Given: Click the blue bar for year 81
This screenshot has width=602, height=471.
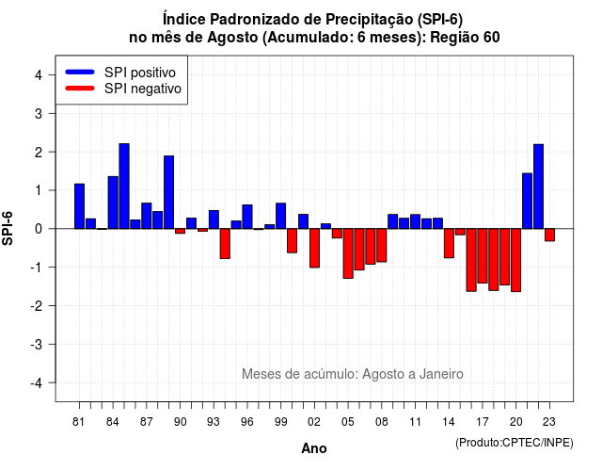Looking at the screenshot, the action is tap(79, 206).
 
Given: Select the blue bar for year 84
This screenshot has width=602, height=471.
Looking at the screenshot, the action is tap(113, 203).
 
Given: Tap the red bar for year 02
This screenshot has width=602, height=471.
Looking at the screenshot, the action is tap(314, 248).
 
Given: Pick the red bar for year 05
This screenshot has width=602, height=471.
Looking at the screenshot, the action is tap(348, 253).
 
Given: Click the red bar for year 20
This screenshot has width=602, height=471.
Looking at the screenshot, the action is tap(516, 260).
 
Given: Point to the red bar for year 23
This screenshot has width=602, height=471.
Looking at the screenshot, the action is tap(549, 235).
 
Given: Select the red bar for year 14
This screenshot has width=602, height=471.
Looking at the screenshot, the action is tap(449, 243).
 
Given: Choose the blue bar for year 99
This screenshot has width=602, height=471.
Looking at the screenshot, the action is tap(281, 216).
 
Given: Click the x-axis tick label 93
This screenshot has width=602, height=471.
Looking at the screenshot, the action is tap(214, 422).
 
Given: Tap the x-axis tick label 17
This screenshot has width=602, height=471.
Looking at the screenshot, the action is tap(483, 422).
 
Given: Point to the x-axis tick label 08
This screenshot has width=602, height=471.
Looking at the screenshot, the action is tap(382, 422).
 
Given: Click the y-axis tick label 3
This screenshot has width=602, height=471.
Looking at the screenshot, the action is tap(39, 113).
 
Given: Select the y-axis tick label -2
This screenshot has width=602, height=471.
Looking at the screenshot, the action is tap(37, 305).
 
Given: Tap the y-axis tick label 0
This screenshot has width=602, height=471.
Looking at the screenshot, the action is tap(39, 229).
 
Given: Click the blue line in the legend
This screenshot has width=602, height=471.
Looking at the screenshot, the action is tap(80, 72).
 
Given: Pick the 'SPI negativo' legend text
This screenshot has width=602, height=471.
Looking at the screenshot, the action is tap(143, 89).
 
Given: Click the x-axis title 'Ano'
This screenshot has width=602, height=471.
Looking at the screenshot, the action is tap(314, 448).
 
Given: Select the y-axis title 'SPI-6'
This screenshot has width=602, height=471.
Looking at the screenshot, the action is tap(8, 228).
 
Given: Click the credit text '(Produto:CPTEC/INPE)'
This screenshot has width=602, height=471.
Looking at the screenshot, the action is tap(515, 443).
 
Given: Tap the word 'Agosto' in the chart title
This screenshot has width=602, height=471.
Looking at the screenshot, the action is tap(232, 38).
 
